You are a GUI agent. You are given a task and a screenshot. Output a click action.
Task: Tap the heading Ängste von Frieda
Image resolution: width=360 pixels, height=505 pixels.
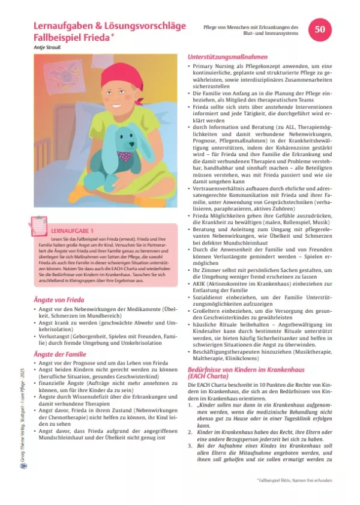(58, 282)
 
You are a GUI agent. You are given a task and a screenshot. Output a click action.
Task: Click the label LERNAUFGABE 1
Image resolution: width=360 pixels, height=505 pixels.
(73, 231)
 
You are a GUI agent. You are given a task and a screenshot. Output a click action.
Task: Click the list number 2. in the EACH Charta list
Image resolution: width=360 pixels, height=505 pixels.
(191, 431)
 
